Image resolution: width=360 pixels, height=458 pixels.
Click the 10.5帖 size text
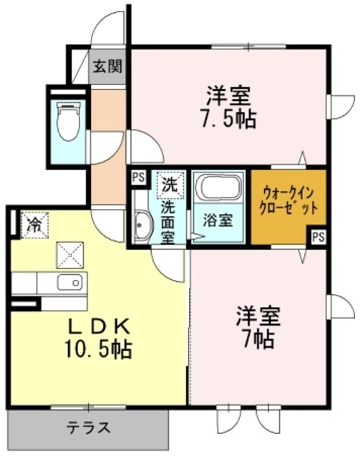(x=98, y=351)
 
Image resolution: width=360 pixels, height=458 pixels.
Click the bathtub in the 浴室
(x=219, y=188)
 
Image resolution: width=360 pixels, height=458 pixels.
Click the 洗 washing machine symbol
(x=169, y=184)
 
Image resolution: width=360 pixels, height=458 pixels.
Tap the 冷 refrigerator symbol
(x=34, y=223)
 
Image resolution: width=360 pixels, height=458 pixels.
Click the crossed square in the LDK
(x=71, y=253)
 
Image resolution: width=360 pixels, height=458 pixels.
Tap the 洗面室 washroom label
(x=167, y=222)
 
